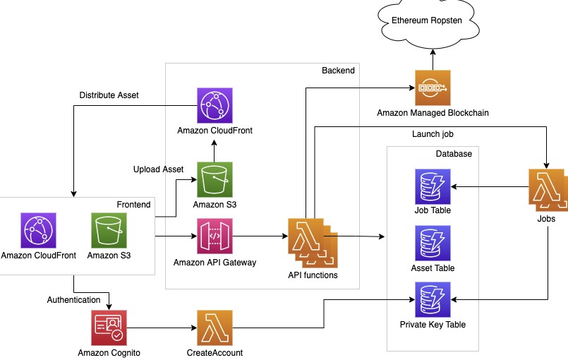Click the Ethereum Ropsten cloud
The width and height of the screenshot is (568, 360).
click(x=428, y=23)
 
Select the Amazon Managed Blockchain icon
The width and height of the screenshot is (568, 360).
click(x=433, y=88)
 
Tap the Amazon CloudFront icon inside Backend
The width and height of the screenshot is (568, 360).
click(x=214, y=105)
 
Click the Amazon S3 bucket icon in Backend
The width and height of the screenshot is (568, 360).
click(x=214, y=180)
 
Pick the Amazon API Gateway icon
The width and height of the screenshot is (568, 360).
click(x=214, y=236)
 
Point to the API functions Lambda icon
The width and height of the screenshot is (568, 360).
click(x=313, y=243)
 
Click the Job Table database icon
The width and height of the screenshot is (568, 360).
click(x=433, y=187)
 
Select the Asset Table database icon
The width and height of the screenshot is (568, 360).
click(x=433, y=244)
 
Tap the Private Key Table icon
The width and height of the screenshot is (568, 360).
click(x=433, y=299)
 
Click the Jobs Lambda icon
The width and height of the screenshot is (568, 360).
click(x=548, y=190)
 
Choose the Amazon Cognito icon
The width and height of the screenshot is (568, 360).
click(x=109, y=328)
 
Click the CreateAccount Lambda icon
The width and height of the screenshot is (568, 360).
click(x=214, y=328)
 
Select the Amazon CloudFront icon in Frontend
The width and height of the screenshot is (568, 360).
click(x=38, y=231)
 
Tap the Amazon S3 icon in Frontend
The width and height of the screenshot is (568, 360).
click(x=109, y=231)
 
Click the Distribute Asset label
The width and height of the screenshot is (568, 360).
click(x=109, y=95)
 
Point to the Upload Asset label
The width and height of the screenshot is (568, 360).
click(x=158, y=169)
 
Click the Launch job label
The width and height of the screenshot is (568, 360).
click(x=433, y=134)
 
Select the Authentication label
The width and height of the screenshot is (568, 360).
click(x=73, y=300)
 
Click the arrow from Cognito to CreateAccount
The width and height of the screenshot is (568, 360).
click(x=162, y=328)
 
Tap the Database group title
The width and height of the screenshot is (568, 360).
click(x=454, y=154)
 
